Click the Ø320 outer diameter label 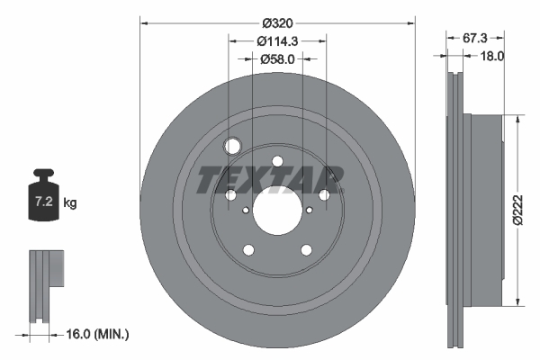point(277,23)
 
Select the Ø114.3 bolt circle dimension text point(277,41)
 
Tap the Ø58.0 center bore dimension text point(277,59)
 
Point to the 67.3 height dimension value point(474,38)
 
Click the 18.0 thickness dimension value point(491,56)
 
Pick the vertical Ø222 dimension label point(517,210)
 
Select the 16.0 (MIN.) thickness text point(97,334)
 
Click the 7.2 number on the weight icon point(44,202)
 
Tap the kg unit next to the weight point(70,202)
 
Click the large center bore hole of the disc point(277,211)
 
